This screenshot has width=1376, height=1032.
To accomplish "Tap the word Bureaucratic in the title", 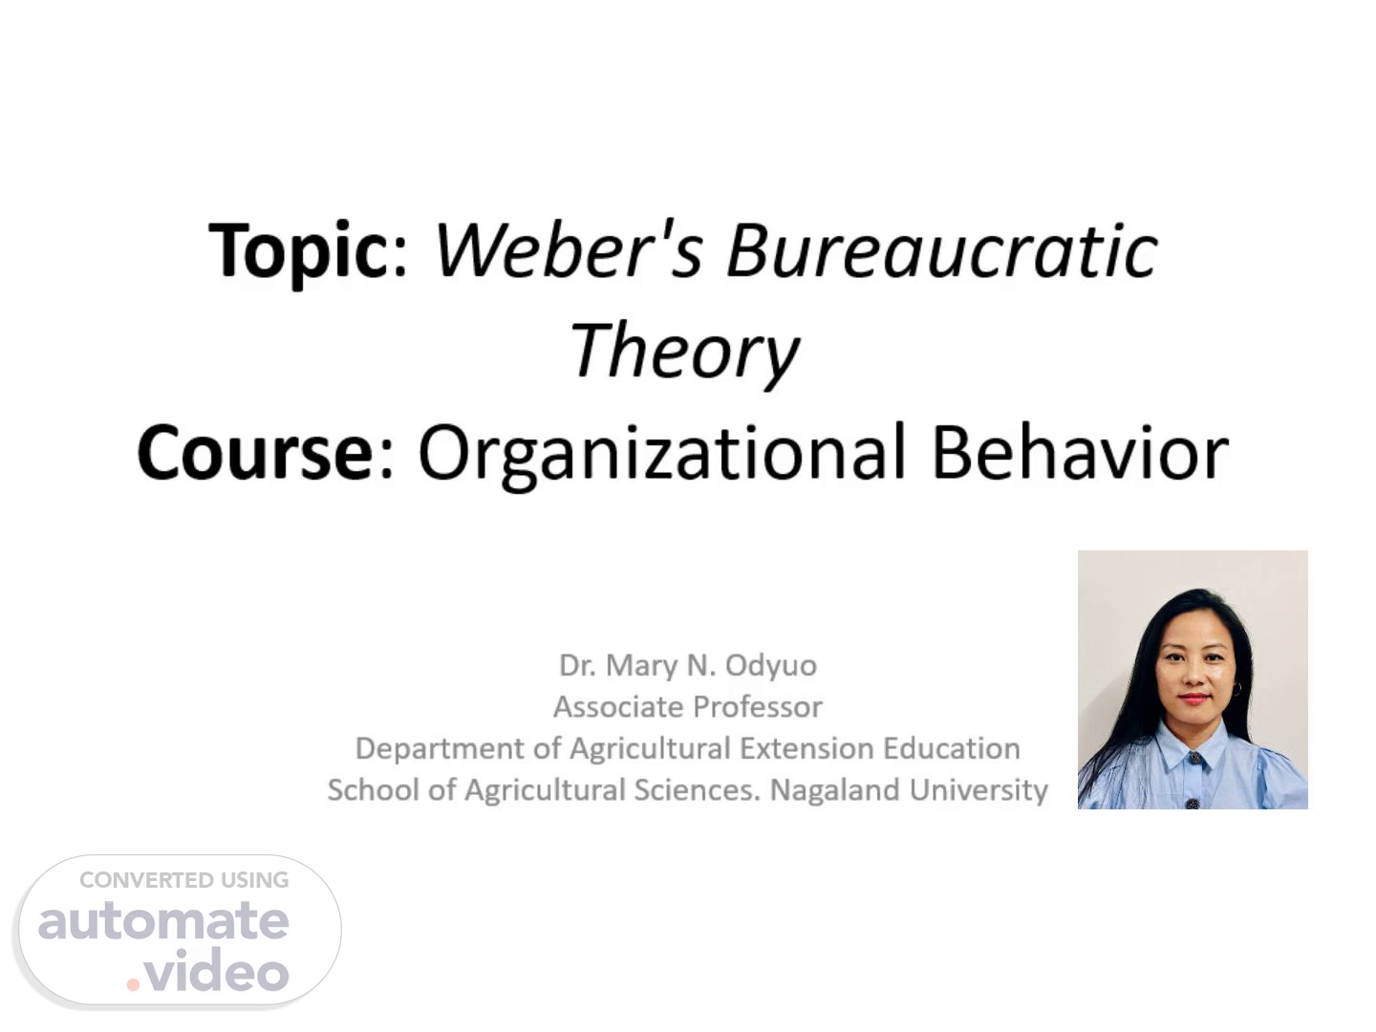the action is [x=941, y=249].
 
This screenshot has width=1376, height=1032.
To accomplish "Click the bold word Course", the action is [x=256, y=452].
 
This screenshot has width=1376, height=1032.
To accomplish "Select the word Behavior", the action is [x=1080, y=451].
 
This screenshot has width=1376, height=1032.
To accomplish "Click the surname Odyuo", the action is [x=771, y=666].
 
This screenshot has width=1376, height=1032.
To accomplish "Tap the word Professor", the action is [x=758, y=707].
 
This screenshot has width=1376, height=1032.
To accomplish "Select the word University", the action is [x=978, y=791].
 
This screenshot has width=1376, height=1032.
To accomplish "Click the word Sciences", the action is [x=697, y=790].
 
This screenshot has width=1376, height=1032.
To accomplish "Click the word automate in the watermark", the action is [x=163, y=921].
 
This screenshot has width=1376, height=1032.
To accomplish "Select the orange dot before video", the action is [x=133, y=984].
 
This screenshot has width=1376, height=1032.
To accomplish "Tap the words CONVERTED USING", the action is [x=184, y=880].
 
